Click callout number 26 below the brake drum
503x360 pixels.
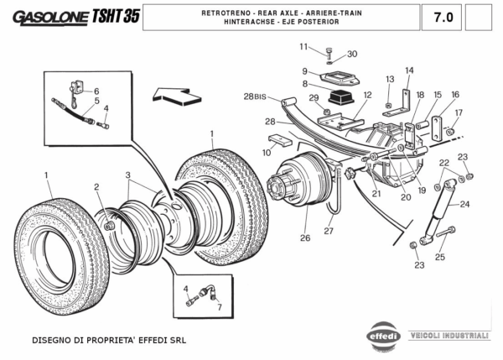click(305, 238)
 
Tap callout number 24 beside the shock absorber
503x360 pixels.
click(464, 204)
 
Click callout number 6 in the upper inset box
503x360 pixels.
click(96, 91)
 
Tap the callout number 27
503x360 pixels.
click(329, 231)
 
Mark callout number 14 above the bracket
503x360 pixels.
click(409, 70)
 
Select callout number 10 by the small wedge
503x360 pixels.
click(266, 153)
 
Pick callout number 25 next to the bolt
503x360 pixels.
click(439, 257)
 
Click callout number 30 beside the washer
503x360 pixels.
click(352, 54)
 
